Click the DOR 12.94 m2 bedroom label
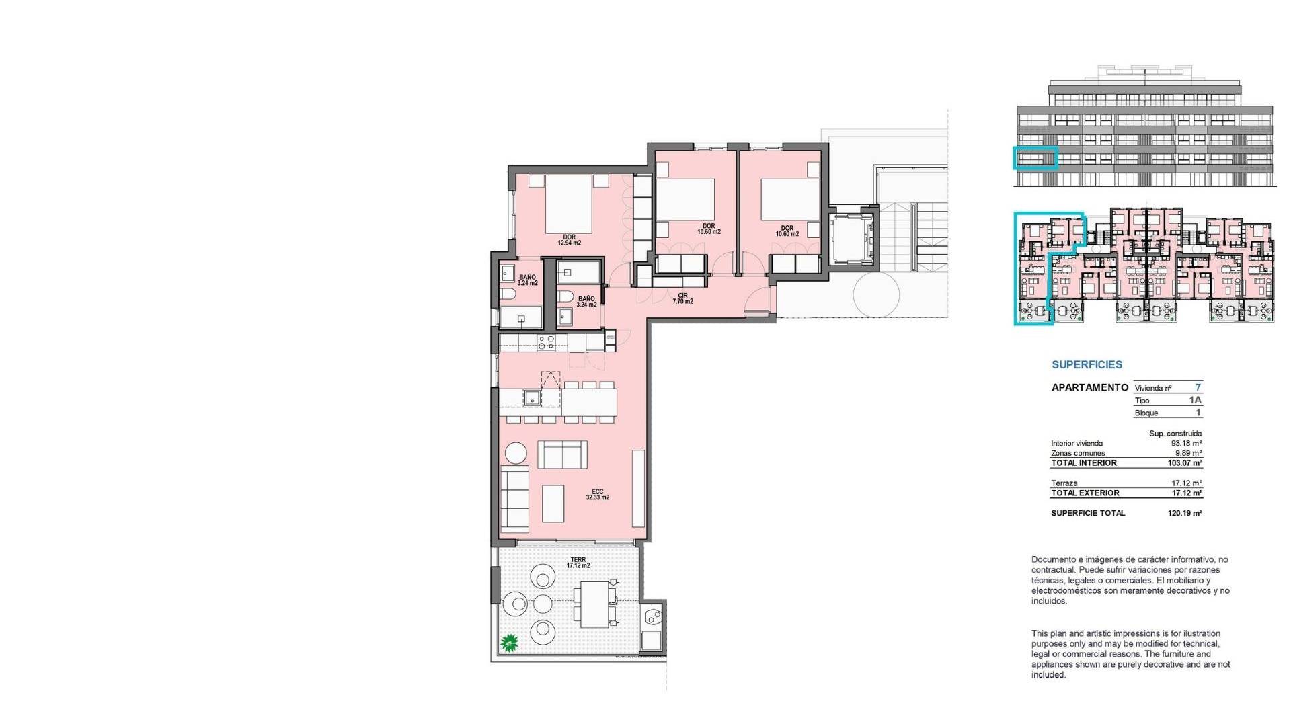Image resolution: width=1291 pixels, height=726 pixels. click(x=569, y=240)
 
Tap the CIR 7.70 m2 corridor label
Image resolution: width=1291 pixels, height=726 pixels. click(x=682, y=298)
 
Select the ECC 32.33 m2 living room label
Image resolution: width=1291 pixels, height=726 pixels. click(x=597, y=495)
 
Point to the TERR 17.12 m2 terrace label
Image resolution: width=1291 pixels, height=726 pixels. click(x=578, y=563)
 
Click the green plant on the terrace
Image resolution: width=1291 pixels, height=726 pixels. click(x=510, y=643)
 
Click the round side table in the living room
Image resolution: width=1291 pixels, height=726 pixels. click(x=516, y=452)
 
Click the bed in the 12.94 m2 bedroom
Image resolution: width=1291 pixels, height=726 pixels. click(x=568, y=204)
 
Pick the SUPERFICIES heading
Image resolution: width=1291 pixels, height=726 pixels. click(x=1087, y=365)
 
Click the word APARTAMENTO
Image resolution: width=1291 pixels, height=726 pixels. click(x=1089, y=387)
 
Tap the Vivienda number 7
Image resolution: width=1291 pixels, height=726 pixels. click(x=1198, y=387)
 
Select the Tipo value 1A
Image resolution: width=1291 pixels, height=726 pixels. click(x=1195, y=400)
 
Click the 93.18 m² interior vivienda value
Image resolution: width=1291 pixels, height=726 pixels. click(x=1186, y=444)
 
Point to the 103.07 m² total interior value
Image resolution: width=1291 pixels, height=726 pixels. click(x=1185, y=463)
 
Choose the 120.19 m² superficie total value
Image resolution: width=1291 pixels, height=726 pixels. click(x=1185, y=513)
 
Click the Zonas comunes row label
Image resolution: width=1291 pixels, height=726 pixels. click(x=1078, y=453)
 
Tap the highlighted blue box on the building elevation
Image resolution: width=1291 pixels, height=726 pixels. click(x=1035, y=157)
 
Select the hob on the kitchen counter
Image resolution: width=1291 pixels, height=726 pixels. click(x=546, y=343)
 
